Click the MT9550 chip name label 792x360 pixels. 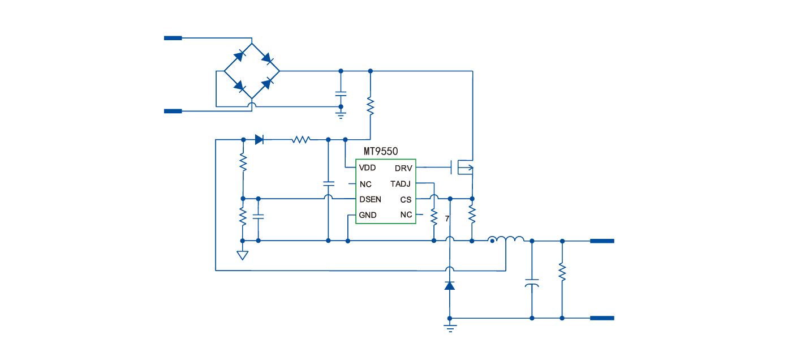[381, 152]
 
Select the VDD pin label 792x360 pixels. [367, 168]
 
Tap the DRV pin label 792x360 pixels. [403, 168]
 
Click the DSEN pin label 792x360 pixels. [370, 199]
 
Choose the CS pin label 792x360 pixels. [406, 200]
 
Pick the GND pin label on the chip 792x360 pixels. [368, 215]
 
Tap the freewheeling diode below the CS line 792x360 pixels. [450, 285]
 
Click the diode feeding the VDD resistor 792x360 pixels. [260, 139]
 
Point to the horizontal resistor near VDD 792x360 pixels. [301, 139]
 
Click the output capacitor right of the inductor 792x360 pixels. [532, 282]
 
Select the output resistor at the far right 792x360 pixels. [562, 272]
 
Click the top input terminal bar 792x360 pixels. [173, 38]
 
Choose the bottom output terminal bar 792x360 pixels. [602, 318]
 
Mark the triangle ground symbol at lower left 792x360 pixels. [242, 255]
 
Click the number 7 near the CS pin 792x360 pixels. [447, 218]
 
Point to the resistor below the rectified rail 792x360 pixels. [371, 106]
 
